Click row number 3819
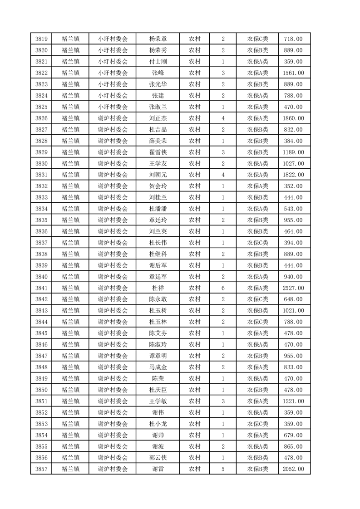coord(41,39)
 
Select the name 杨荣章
coord(158,39)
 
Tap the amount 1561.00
coord(294,73)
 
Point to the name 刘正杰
coord(158,118)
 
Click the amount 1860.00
coord(294,118)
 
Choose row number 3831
coord(41,175)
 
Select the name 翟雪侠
coord(158,152)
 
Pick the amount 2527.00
coord(294,288)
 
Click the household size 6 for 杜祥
coord(223,288)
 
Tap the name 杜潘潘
coord(158,209)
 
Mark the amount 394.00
coord(294,243)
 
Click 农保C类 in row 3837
coord(257,243)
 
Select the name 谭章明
coord(158,356)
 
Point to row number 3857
coord(41,469)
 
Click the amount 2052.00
coord(294,469)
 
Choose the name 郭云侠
coord(158,458)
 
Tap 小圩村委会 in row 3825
coord(113,107)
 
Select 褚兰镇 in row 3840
coord(70,277)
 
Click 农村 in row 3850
coord(195,390)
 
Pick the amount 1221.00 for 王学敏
coord(294,401)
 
